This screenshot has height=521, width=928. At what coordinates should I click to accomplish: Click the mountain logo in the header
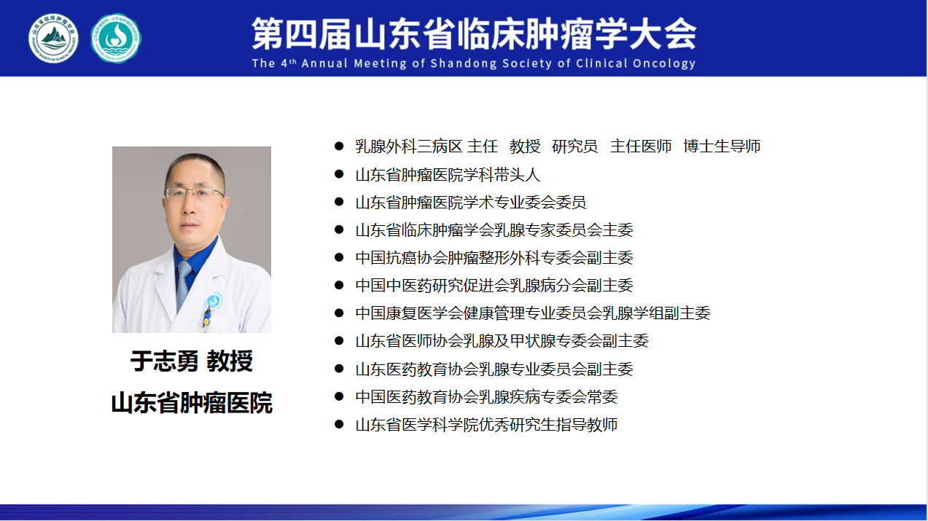(53, 38)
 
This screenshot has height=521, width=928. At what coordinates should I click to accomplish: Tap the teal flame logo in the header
(116, 38)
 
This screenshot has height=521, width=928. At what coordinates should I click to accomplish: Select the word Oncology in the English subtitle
(664, 63)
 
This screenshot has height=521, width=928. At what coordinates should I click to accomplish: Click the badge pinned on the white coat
(214, 301)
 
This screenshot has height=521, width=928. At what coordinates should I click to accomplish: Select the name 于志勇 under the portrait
(165, 361)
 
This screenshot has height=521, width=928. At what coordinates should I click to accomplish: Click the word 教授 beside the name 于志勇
(230, 361)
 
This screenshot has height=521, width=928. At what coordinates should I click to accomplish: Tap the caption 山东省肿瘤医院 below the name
(192, 402)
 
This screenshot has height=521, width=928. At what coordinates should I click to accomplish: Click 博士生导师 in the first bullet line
(722, 146)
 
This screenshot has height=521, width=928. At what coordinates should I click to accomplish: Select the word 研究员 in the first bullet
(574, 146)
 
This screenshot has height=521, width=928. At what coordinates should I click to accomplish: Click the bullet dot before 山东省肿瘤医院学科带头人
(339, 174)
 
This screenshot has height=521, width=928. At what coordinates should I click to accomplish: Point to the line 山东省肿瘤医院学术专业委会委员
(471, 203)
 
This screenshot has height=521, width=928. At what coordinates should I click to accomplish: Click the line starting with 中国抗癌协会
(494, 258)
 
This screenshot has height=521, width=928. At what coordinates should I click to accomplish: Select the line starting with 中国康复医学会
(533, 313)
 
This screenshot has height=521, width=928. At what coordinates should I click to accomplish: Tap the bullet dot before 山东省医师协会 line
(339, 340)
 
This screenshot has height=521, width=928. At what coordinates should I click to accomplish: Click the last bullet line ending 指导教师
(486, 425)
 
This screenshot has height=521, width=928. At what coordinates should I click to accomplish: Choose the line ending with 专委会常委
(486, 396)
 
